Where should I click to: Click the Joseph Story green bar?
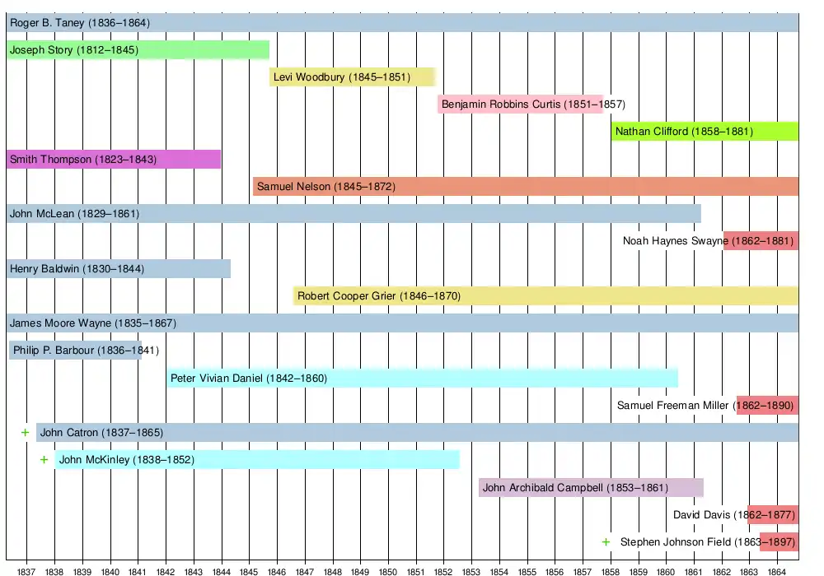(138, 50)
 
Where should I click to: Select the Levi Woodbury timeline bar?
(353, 77)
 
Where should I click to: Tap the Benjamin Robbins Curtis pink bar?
(521, 105)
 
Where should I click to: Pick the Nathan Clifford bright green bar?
(705, 131)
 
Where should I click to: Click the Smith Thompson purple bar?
(113, 159)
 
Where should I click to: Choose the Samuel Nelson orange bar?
(525, 187)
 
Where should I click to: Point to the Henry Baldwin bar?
(118, 268)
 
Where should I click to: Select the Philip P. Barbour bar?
(75, 351)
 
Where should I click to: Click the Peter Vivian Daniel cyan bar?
(422, 379)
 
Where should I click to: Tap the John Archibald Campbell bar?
(591, 487)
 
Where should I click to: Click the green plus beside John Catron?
(25, 432)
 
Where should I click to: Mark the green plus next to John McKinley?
(44, 459)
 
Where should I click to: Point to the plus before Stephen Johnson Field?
(606, 541)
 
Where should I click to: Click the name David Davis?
(701, 515)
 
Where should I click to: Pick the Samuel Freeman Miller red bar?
(767, 405)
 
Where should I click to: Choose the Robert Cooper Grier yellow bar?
(545, 295)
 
